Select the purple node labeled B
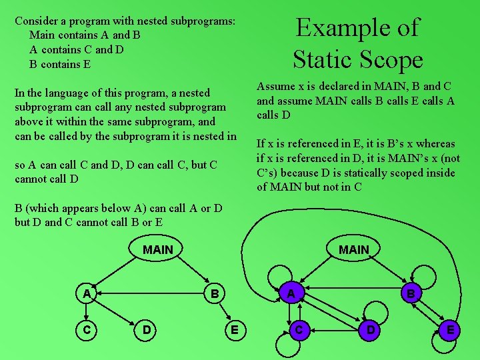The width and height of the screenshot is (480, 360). tap(411, 294)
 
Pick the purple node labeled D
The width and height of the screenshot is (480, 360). tap(371, 330)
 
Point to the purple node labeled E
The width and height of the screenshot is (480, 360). tap(451, 330)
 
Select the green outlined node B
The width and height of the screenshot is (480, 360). tap(214, 293)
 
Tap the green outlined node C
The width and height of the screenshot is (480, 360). tap(87, 329)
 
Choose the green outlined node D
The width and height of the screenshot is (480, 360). tap(147, 329)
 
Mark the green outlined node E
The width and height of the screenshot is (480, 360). tap(234, 329)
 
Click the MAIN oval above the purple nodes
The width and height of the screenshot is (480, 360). tap(353, 249)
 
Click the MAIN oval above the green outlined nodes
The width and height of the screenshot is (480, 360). tap(158, 249)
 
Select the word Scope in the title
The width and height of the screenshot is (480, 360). tap(393, 60)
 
